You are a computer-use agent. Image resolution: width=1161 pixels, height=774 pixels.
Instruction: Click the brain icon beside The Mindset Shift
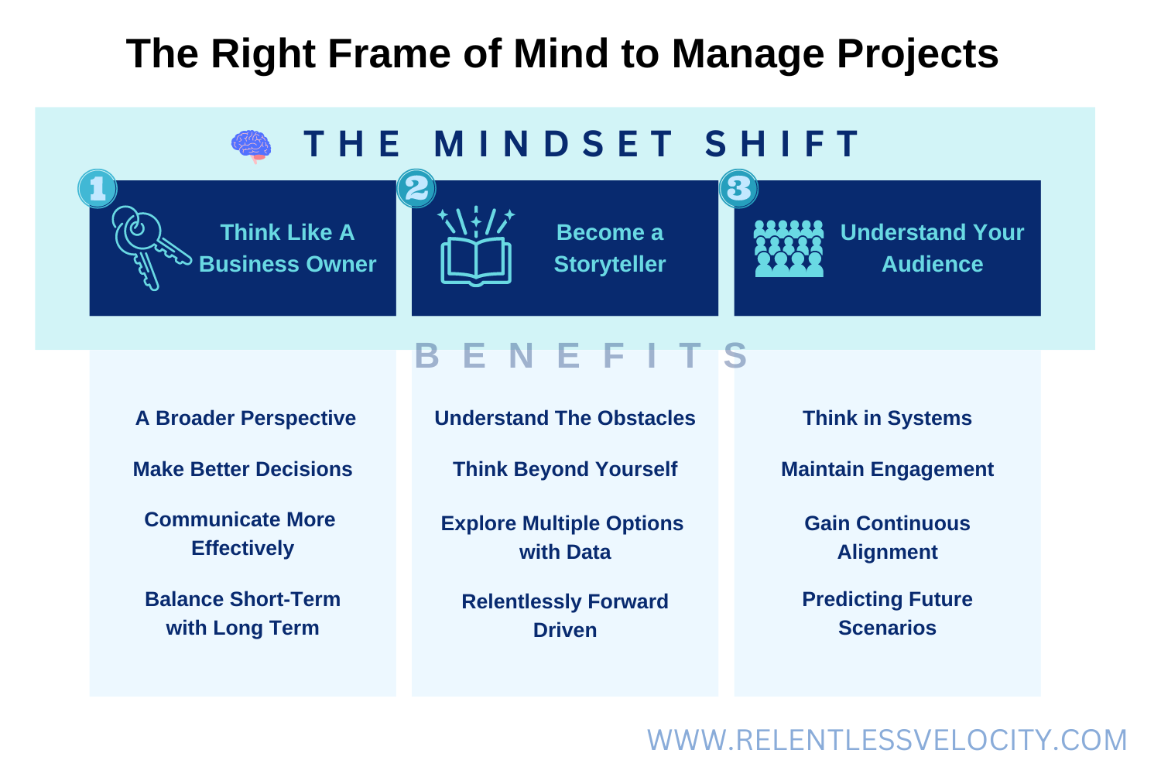[252, 146]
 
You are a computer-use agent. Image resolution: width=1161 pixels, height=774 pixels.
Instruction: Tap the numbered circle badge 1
[98, 189]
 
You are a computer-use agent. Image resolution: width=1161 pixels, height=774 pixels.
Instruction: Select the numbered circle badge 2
[416, 189]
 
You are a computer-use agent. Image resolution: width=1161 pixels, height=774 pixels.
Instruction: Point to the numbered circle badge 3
[738, 189]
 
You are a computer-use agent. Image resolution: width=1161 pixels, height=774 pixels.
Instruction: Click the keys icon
[149, 246]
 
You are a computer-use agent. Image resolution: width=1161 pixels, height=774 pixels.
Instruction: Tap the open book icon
[476, 246]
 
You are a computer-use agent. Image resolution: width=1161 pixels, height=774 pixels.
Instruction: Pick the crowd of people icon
[789, 248]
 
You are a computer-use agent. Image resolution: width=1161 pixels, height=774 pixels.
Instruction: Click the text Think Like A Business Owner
[287, 248]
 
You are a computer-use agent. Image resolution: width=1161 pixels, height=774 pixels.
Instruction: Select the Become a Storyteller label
[610, 248]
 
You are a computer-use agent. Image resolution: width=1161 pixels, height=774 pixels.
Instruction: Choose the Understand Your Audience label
[932, 248]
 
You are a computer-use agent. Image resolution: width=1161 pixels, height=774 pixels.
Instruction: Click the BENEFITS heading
[581, 356]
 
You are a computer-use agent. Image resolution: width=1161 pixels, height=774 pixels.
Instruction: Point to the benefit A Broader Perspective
[245, 418]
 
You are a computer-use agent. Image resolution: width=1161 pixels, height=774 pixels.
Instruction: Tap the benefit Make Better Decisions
[242, 469]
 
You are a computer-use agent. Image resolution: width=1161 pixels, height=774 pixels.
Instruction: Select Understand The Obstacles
[565, 418]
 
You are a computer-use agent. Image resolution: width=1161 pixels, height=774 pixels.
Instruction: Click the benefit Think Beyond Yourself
[565, 469]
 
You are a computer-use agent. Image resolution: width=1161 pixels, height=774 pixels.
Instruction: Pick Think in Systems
[887, 418]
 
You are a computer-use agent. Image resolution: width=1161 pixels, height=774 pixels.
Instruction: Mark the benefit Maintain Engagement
[887, 469]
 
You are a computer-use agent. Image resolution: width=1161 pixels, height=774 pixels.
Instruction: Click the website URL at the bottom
[887, 740]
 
